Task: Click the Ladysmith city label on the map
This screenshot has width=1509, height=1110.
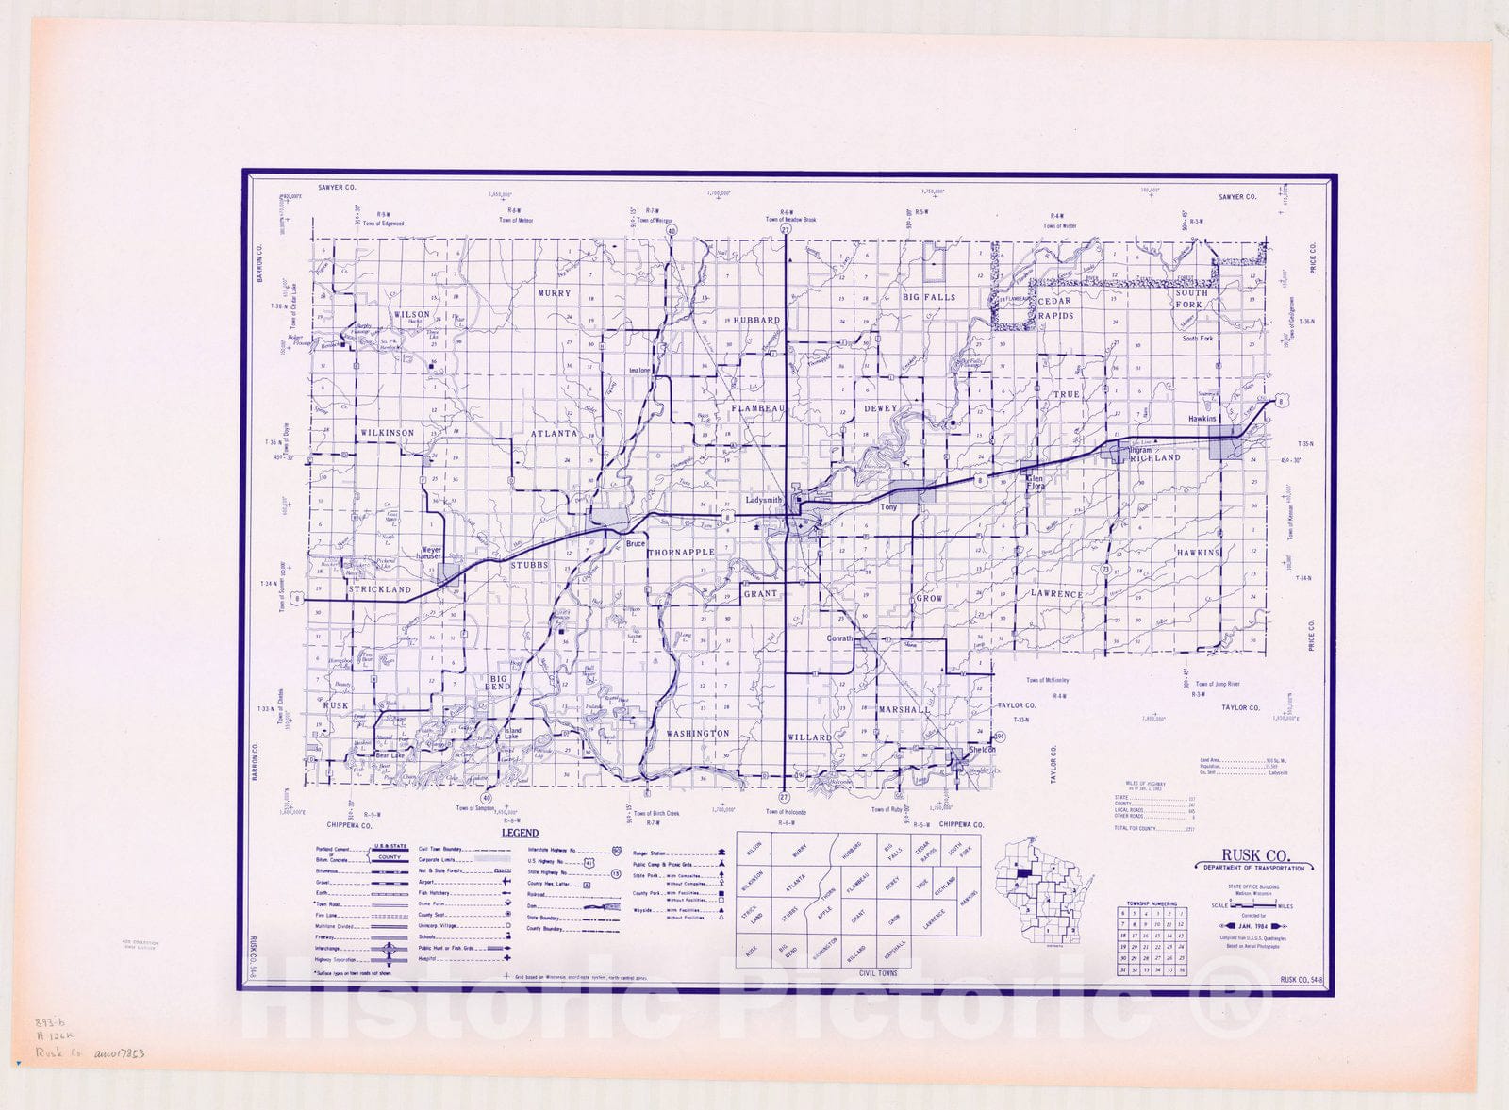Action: (764, 500)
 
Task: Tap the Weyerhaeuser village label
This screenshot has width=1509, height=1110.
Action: (431, 554)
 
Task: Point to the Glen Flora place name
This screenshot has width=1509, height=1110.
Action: (1035, 483)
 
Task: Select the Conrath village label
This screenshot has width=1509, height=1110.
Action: (839, 638)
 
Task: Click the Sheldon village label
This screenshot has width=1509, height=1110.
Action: (982, 750)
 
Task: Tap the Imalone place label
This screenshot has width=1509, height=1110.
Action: (639, 370)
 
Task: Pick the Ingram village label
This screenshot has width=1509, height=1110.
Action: (1140, 450)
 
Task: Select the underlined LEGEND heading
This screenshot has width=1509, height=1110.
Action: (520, 833)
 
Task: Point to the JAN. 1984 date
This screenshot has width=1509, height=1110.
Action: (1254, 926)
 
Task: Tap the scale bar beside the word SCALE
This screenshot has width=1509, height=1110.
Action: (1253, 903)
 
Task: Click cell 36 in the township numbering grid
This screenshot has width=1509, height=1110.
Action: (1179, 969)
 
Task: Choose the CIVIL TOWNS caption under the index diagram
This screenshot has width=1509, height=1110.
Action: (878, 972)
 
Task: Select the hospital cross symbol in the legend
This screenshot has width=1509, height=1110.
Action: (506, 957)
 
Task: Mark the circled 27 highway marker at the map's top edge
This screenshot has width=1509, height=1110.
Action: (785, 229)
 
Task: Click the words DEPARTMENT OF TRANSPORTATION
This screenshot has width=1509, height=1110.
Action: (1254, 868)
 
